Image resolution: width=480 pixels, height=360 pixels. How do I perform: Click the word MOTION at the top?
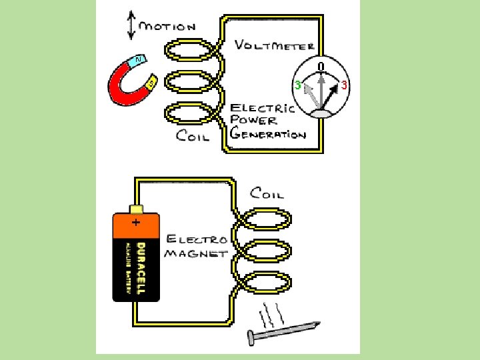(x=167, y=27)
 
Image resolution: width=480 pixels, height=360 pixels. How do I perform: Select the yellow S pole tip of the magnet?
(x=151, y=82)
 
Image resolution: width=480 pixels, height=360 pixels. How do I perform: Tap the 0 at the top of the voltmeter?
(x=321, y=67)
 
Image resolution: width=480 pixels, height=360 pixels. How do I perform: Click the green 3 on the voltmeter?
(x=298, y=85)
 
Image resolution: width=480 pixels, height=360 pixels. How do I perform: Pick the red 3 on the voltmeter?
(x=344, y=85)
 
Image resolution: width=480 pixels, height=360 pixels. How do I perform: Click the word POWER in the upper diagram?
(x=253, y=121)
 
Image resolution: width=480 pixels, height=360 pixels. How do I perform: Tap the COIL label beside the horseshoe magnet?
(x=193, y=137)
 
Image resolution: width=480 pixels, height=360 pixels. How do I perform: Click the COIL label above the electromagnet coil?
(x=267, y=193)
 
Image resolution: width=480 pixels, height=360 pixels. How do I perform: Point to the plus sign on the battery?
(x=135, y=223)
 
